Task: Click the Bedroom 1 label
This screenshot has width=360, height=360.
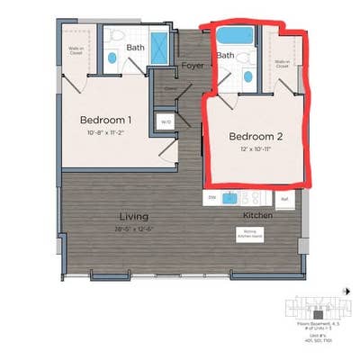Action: click(105, 120)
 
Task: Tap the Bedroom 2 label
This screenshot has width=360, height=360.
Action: click(256, 136)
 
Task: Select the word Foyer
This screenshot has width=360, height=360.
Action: click(193, 65)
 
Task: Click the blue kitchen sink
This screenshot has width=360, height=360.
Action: click(230, 198)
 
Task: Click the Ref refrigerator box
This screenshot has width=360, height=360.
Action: click(284, 198)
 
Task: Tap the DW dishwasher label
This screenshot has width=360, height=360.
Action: click(212, 197)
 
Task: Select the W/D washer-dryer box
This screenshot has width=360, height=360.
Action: click(165, 121)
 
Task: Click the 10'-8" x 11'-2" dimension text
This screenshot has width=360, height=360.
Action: click(105, 133)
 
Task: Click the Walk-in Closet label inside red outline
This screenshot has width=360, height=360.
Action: click(282, 63)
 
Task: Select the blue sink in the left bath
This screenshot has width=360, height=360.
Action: click(112, 58)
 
